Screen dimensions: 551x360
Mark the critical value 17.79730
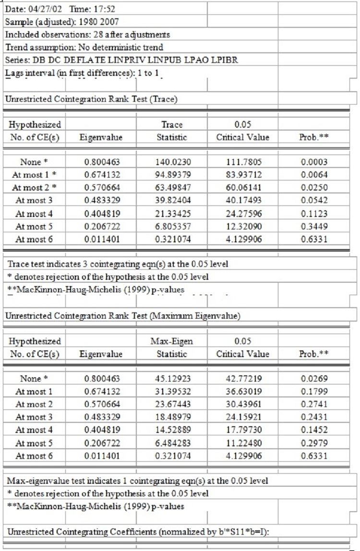(x=242, y=430)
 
